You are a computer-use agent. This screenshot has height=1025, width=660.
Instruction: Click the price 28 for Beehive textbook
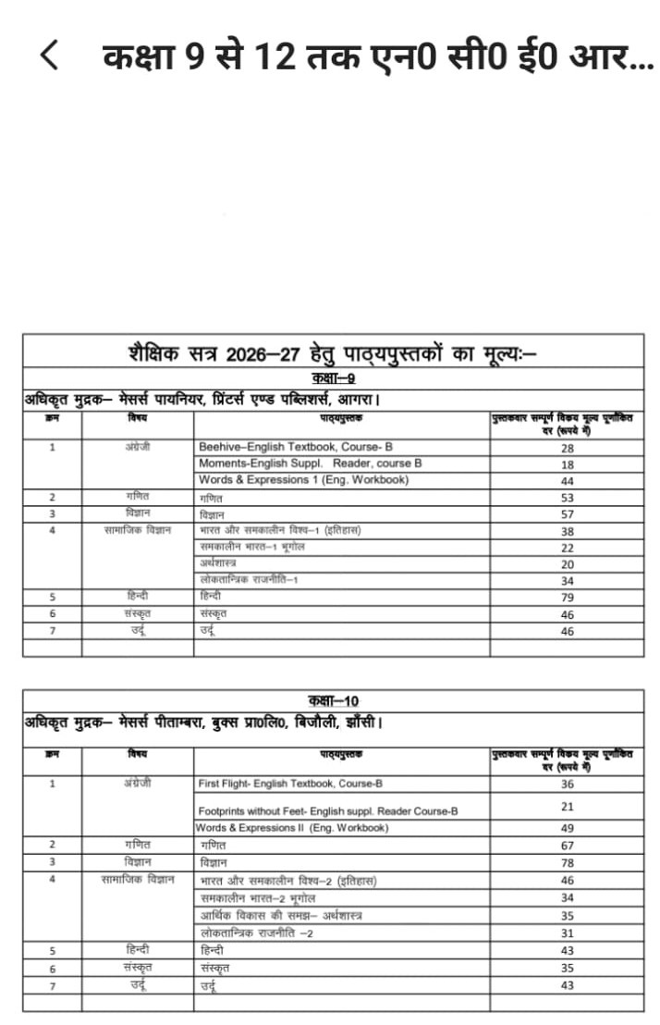tap(567, 448)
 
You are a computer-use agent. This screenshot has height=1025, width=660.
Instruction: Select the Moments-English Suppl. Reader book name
tap(311, 463)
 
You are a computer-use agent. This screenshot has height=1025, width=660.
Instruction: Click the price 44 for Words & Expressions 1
tap(567, 481)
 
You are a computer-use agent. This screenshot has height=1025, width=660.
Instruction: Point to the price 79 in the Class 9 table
tap(567, 598)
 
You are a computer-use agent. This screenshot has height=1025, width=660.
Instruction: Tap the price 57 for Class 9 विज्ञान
tap(567, 514)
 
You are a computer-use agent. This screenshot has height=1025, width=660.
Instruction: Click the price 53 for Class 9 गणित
tap(567, 498)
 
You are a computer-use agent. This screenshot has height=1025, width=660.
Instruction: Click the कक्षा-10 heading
tap(333, 700)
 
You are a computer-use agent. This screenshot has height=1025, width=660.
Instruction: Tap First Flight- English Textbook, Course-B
tap(290, 784)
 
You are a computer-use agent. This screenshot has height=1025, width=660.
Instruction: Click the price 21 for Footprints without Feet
tap(567, 807)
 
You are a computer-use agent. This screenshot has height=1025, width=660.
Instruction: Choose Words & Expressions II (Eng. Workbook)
tap(292, 828)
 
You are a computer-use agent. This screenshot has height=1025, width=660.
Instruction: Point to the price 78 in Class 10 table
tap(567, 862)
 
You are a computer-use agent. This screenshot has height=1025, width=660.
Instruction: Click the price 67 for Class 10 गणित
tap(567, 846)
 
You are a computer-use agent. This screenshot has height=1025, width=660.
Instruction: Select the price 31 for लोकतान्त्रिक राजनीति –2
tap(567, 933)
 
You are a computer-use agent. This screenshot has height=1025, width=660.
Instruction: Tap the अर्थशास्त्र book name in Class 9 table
tap(218, 563)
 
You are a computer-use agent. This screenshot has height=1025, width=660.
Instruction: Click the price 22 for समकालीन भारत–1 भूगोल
tap(567, 548)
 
